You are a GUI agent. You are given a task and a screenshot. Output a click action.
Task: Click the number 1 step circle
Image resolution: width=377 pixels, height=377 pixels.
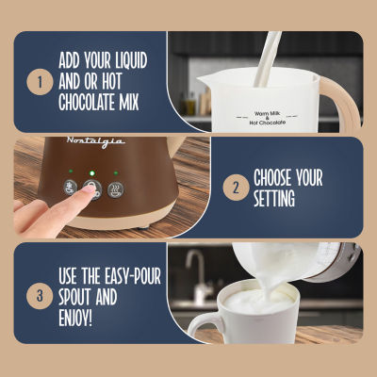tap(40, 82)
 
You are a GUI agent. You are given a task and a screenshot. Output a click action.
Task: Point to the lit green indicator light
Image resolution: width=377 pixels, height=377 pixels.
tap(92, 172)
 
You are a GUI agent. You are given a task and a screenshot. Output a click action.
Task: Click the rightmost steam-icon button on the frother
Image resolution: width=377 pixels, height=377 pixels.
tap(116, 188)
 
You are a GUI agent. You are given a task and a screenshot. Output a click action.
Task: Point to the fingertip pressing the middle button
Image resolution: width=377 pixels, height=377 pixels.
tap(88, 191)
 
